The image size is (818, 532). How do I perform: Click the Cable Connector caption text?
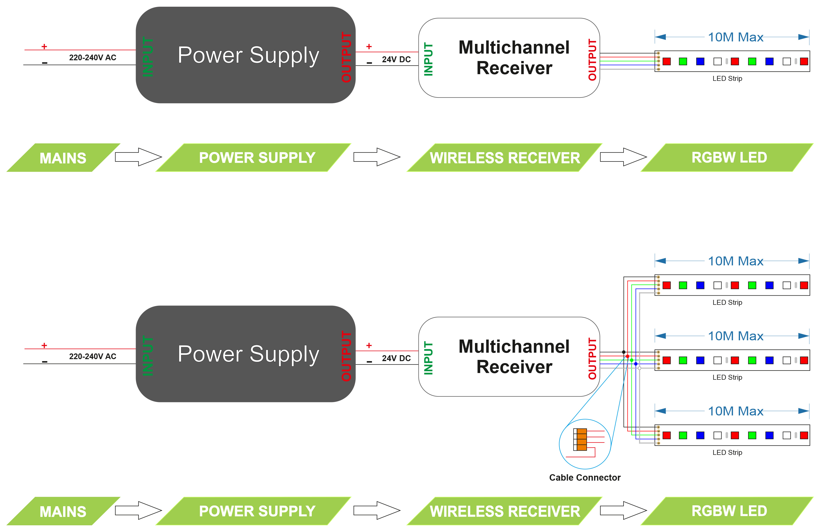click(585, 477)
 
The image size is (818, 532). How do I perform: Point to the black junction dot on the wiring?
click(623, 352)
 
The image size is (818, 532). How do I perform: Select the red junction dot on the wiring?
click(627, 356)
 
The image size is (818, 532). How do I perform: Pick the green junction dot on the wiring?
click(632, 360)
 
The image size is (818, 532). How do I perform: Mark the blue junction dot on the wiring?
click(636, 364)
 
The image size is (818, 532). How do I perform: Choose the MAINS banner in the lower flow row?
click(63, 511)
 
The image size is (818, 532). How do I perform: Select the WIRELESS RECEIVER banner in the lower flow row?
click(505, 511)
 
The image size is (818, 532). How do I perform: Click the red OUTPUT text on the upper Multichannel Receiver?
click(592, 60)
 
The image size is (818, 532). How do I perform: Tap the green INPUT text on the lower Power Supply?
click(148, 356)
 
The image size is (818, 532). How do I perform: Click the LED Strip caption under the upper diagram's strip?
click(727, 79)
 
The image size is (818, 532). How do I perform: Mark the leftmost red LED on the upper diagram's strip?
click(666, 62)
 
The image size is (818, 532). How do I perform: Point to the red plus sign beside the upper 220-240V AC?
click(44, 47)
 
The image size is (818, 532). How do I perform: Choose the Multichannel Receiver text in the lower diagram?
click(514, 357)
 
